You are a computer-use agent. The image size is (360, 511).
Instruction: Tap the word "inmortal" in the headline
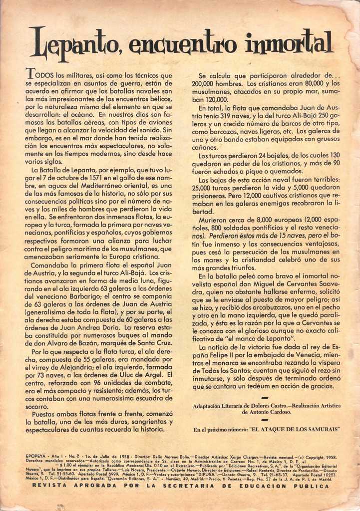[x=290, y=43]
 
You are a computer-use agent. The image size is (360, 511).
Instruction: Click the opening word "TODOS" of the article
[x=40, y=75]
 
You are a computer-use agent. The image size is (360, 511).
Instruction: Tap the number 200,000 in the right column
[x=205, y=83]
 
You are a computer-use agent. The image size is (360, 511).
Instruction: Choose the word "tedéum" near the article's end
[x=253, y=386]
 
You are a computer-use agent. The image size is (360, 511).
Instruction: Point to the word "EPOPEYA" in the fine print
[x=35, y=457]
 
